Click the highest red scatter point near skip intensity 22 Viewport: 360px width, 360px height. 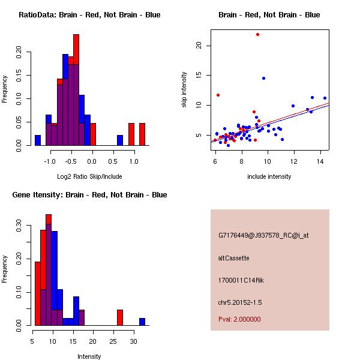257,34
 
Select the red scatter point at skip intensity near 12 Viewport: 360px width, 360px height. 218,95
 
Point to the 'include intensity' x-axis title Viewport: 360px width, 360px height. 269,176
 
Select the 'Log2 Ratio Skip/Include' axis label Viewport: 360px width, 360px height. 89,176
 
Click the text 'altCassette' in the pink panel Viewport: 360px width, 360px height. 233,258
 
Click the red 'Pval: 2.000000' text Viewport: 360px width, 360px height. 239,319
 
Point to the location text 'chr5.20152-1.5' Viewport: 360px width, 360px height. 240,301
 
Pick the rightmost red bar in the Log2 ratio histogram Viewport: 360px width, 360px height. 142,134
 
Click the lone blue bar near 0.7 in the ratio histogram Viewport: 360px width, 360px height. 120,140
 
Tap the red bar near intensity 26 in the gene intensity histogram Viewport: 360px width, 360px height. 120,317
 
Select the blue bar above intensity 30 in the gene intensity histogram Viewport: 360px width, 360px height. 142,322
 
